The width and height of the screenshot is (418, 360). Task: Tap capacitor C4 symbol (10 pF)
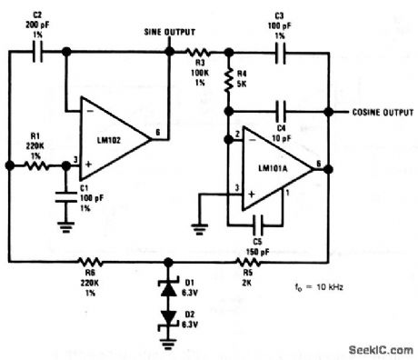283,112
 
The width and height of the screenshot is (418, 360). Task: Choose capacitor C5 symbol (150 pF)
260,221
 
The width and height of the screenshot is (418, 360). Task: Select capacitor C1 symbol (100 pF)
64,194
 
